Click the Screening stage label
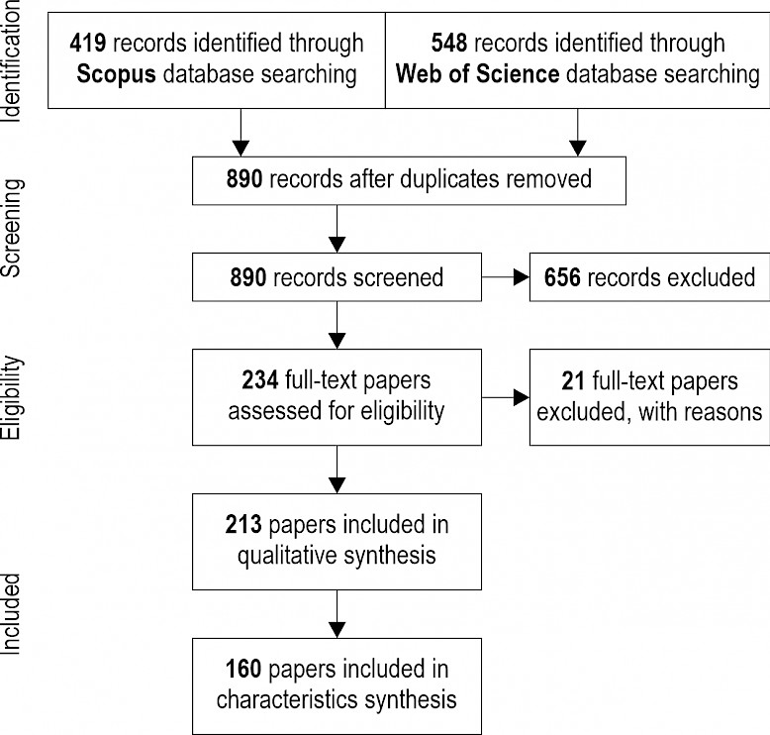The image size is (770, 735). (12, 228)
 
